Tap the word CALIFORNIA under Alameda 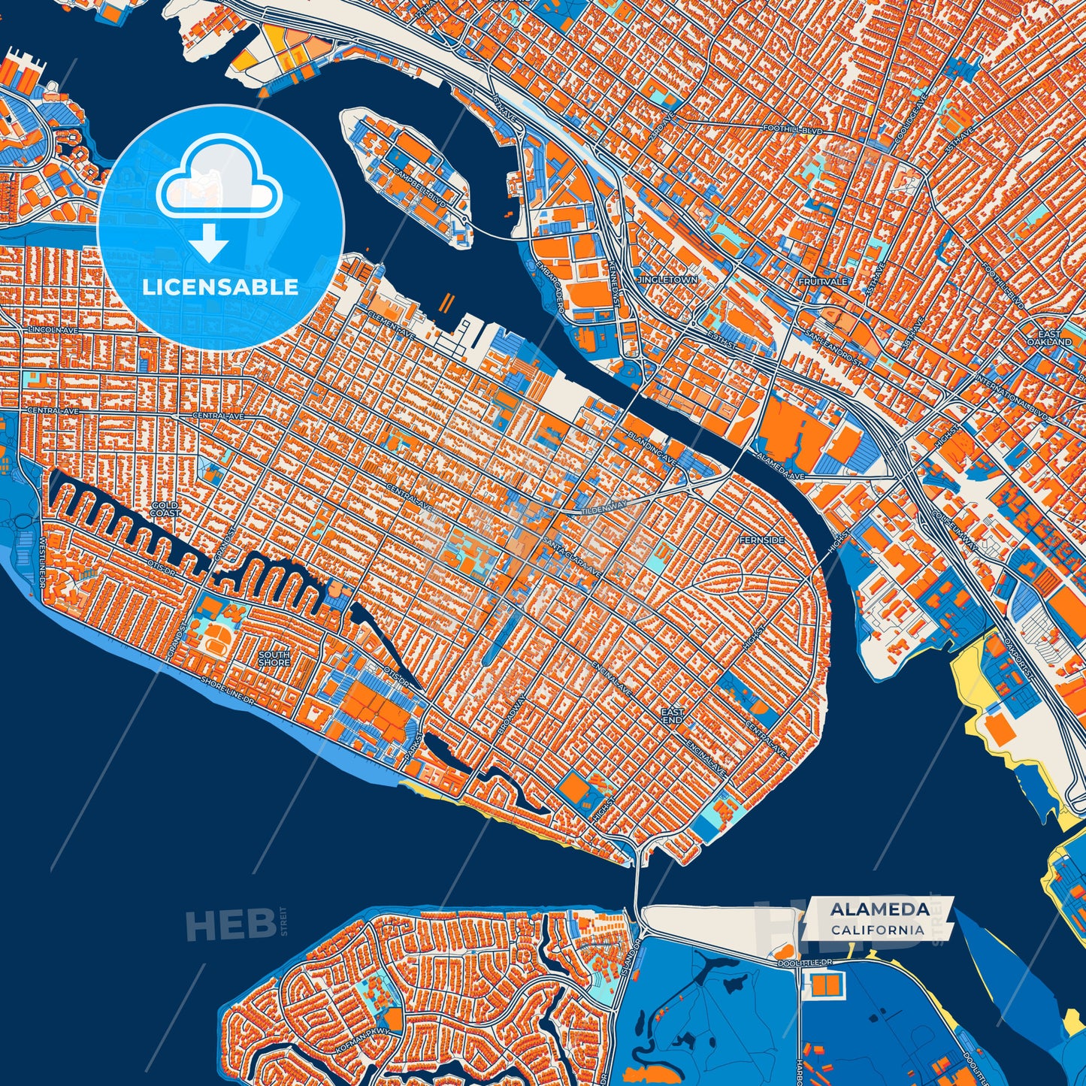pyautogui.click(x=878, y=930)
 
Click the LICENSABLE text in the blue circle pyautogui.click(x=220, y=287)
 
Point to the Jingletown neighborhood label pyautogui.click(x=667, y=280)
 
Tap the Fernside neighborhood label pyautogui.click(x=761, y=540)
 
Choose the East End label pyautogui.click(x=672, y=715)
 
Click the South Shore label pyautogui.click(x=274, y=658)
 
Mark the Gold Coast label pyautogui.click(x=165, y=509)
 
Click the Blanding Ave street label pyautogui.click(x=653, y=446)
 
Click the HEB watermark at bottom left pyautogui.click(x=230, y=924)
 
